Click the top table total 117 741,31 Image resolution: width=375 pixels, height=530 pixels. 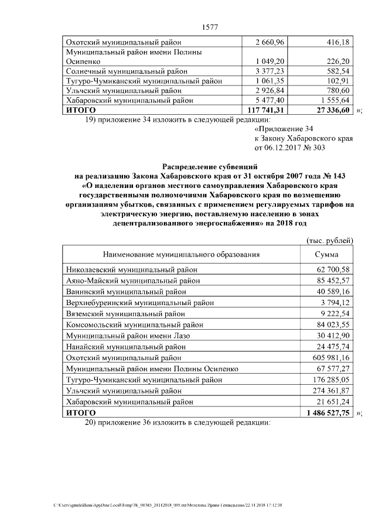tap(267, 110)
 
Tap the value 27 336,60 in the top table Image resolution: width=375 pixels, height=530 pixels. tap(329, 110)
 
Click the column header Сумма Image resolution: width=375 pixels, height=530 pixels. tap(326, 255)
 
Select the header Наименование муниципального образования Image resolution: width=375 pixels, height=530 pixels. tap(181, 255)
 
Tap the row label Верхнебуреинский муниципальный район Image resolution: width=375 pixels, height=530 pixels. tap(139, 303)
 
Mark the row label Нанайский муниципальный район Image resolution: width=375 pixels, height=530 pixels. tap(127, 346)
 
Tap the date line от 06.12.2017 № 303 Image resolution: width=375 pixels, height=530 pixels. tap(289, 148)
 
